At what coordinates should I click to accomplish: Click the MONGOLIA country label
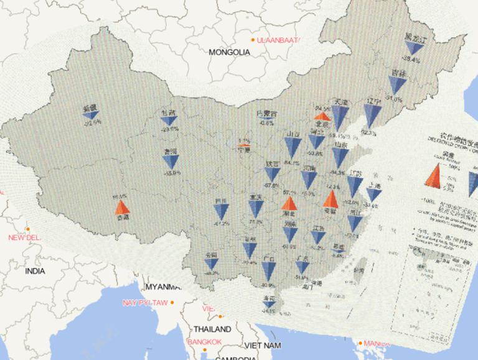[x=230, y=52]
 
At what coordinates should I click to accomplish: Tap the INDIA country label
[x=35, y=271]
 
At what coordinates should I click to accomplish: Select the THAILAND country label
[x=212, y=329]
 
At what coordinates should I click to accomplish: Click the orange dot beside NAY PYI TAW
[x=172, y=303]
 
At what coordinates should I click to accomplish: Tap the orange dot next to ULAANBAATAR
[x=253, y=40]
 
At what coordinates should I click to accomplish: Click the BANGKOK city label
[x=205, y=342]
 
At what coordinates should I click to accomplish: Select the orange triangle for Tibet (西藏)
[x=122, y=207]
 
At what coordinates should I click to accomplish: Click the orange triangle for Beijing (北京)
[x=322, y=116]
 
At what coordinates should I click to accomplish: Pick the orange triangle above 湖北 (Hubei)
[x=289, y=203]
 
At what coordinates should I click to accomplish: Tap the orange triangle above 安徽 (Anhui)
[x=330, y=199]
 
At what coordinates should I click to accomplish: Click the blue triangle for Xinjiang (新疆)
[x=92, y=115]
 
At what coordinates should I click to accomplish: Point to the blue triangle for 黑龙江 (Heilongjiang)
[x=410, y=48]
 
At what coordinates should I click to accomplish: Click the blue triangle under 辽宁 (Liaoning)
[x=372, y=116]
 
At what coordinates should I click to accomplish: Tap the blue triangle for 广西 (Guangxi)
[x=269, y=270]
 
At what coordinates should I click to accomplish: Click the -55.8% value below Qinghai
[x=171, y=173]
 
